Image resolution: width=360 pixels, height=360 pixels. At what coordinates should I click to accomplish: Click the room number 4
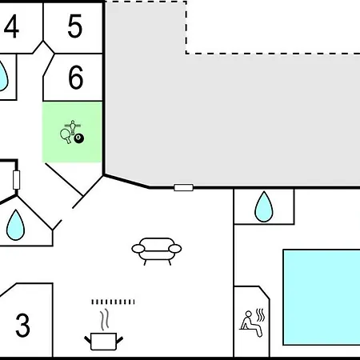[11, 26]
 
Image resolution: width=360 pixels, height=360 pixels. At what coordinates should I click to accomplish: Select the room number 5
[74, 26]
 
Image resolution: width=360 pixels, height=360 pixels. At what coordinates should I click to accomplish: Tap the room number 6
[76, 78]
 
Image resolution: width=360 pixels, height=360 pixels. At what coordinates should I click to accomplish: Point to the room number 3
[22, 325]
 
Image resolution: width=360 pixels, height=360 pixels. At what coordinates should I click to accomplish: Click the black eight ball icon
[78, 138]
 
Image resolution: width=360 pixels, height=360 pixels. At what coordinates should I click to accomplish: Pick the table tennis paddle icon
[66, 135]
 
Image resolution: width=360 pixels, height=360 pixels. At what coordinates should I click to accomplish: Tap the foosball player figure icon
[73, 126]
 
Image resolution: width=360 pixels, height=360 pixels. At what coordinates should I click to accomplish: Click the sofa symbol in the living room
[157, 251]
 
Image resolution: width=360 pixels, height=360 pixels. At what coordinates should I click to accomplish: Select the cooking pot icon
[103, 342]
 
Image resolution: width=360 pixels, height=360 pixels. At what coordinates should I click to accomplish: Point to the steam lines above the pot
[105, 319]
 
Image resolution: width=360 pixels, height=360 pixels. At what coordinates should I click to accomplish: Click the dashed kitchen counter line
[113, 302]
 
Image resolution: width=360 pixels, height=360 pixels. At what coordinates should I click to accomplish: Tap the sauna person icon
[250, 323]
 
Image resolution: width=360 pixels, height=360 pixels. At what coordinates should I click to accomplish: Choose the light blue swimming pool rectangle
[322, 298]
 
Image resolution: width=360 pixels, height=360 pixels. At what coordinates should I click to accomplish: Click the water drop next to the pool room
[264, 206]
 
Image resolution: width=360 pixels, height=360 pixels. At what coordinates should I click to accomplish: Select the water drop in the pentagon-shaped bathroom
[15, 225]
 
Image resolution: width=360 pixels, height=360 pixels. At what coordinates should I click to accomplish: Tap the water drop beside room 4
[2, 76]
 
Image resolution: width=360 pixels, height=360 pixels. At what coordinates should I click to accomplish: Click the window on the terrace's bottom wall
[183, 187]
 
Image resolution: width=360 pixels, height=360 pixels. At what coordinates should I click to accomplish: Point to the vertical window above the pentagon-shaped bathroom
[16, 180]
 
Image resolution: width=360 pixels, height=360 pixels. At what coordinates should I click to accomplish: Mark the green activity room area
[72, 132]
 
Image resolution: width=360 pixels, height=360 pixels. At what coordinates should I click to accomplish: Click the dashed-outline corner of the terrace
[186, 54]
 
